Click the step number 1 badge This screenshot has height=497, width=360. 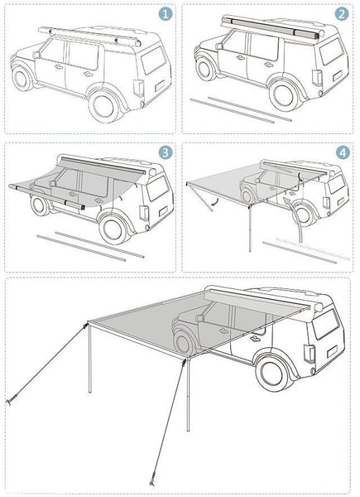(166, 14)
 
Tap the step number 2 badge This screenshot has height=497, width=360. (342, 14)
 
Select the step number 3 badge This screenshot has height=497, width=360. (166, 152)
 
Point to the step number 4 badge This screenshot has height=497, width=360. (343, 152)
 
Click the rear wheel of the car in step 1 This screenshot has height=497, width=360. (103, 106)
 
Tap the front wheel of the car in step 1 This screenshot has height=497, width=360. (22, 80)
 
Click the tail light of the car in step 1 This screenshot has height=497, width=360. (138, 88)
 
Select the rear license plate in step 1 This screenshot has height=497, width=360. (160, 85)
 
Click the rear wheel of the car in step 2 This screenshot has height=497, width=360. (283, 96)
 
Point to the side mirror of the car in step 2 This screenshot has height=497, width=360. (218, 46)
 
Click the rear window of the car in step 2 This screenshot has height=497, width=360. (331, 51)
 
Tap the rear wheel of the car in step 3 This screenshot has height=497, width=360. (113, 229)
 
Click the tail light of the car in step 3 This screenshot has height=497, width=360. (144, 213)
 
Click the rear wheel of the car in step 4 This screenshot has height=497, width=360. (303, 215)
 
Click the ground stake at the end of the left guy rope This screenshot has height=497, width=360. (10, 402)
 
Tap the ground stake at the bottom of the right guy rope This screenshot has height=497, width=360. (152, 482)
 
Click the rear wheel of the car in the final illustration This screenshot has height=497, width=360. (271, 374)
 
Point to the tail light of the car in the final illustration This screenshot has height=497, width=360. (309, 354)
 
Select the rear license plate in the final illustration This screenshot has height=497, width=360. (332, 351)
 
